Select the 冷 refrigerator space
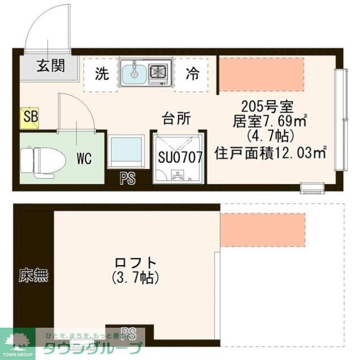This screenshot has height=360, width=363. click(193, 74)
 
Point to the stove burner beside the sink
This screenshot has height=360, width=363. click(158, 72)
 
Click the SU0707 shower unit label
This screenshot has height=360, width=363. click(180, 157)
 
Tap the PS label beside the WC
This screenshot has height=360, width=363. click(128, 179)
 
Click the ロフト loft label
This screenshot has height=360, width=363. click(135, 263)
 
